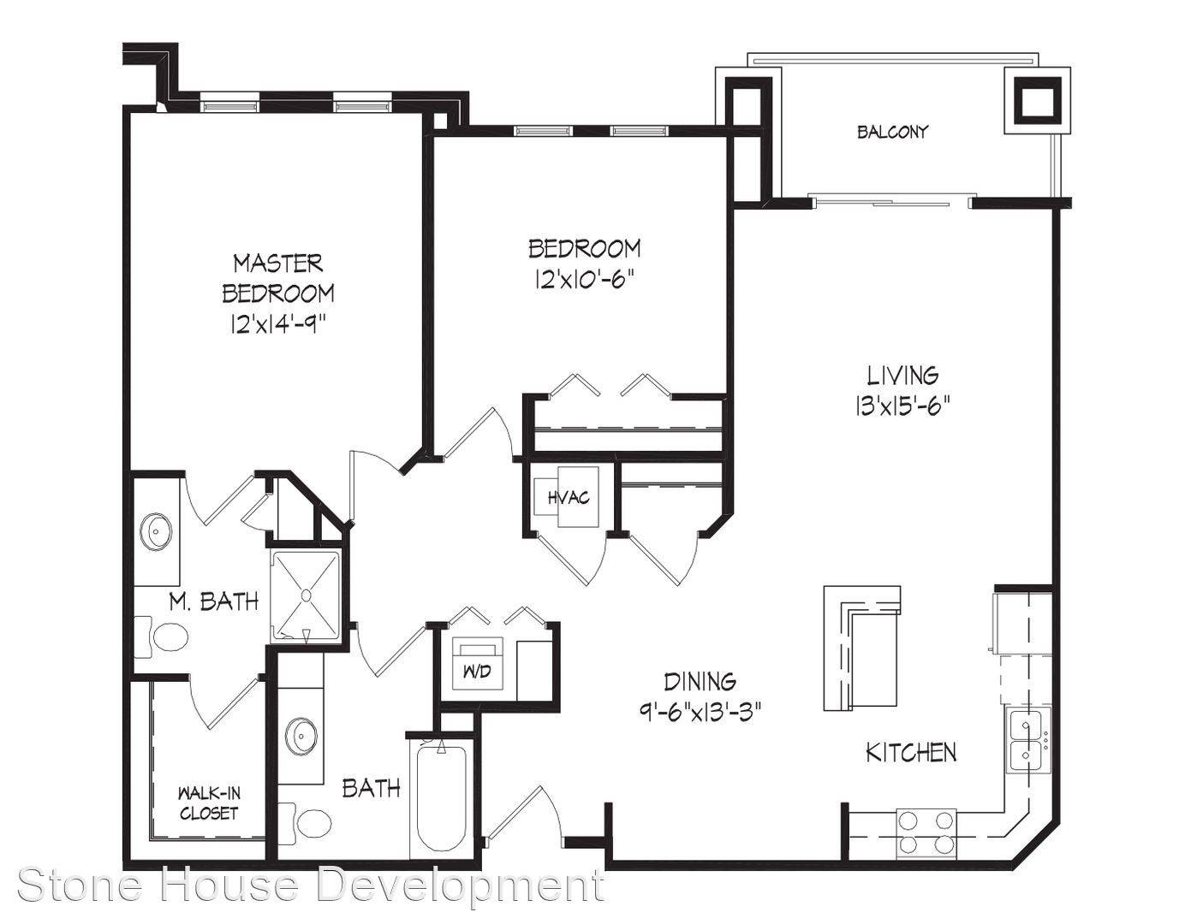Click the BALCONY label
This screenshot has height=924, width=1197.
point(892,132)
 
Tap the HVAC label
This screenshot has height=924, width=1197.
point(569,497)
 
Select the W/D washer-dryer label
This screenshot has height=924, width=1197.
point(477,672)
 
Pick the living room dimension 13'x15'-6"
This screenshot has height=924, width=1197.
point(902,407)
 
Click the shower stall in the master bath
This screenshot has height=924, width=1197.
point(306,596)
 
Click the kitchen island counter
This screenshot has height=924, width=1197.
point(862,648)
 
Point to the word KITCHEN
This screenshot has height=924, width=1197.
point(911,752)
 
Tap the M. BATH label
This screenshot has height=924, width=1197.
point(214,601)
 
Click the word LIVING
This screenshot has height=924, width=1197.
point(902,376)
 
